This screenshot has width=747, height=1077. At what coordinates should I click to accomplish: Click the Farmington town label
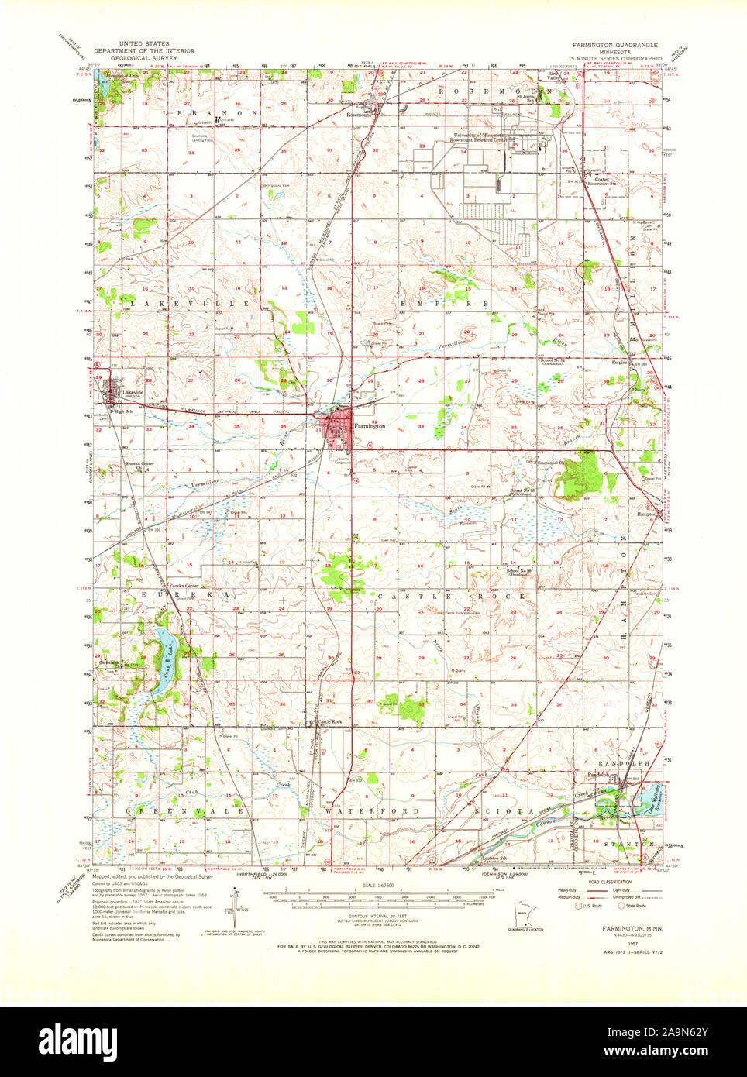[370, 426]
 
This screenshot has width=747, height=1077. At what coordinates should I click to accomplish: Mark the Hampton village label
[646, 514]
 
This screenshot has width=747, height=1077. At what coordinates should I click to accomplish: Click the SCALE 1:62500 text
[373, 885]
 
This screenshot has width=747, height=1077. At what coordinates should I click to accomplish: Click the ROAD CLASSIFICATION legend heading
[610, 882]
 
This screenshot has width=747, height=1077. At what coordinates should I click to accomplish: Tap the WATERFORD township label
[372, 811]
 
